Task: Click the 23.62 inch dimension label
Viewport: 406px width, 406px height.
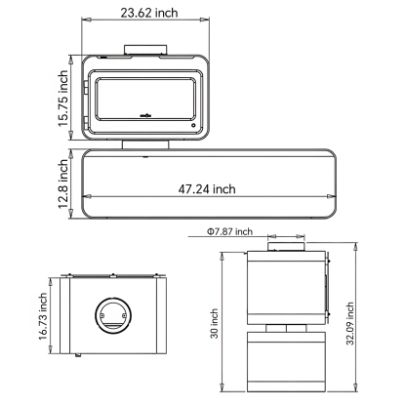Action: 149,13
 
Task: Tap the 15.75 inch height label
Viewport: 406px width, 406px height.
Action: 63,99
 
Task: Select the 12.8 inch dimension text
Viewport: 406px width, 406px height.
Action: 63,183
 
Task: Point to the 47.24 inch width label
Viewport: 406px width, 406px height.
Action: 207,189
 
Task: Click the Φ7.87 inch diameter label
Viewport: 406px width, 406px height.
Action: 230,231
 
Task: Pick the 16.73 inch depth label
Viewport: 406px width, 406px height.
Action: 43,316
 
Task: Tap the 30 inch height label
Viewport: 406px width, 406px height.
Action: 214,324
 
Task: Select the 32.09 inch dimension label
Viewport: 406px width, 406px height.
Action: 349,323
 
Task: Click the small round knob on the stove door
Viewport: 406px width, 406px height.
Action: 193,125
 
